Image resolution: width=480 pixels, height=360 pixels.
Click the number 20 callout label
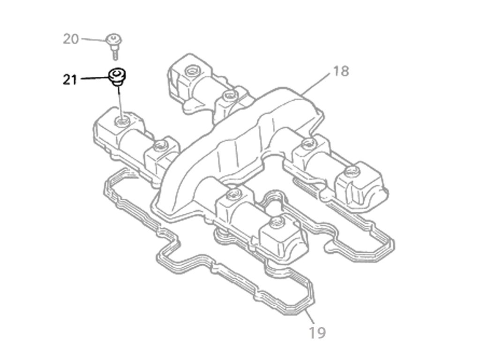click(x=71, y=39)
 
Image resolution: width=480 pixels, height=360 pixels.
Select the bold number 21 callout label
click(x=70, y=80)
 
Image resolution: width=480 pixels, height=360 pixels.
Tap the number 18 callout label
click(x=341, y=71)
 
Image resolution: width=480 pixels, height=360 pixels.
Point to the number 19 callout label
click(x=317, y=332)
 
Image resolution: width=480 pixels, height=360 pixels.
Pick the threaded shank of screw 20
click(x=114, y=52)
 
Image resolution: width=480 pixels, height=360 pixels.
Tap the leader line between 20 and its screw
click(x=93, y=39)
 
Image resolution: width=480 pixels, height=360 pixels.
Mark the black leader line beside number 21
click(x=94, y=79)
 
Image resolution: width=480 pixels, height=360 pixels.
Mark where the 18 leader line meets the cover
click(x=303, y=94)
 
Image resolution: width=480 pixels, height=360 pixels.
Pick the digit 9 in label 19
click(x=322, y=332)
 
